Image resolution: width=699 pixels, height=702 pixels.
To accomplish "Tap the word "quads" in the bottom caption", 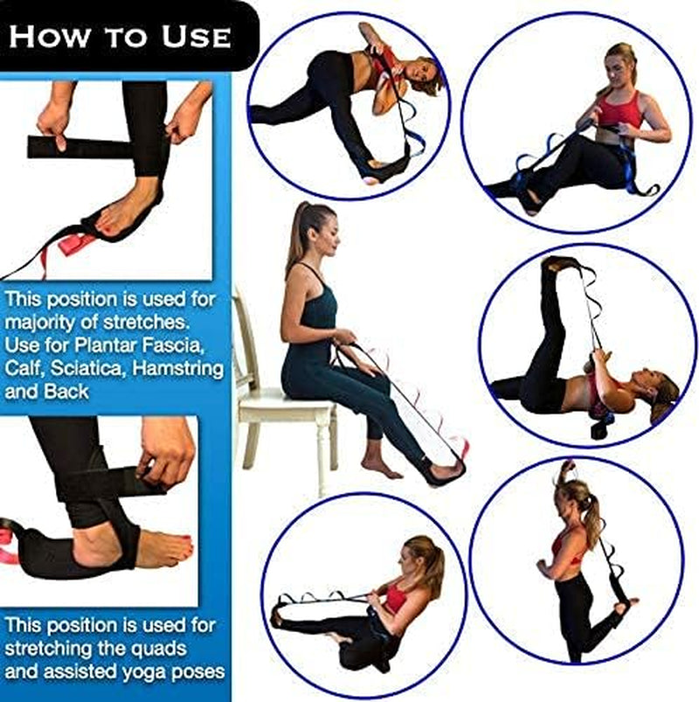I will click(131, 650).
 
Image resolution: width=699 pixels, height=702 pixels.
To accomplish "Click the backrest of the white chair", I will click(244, 332).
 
